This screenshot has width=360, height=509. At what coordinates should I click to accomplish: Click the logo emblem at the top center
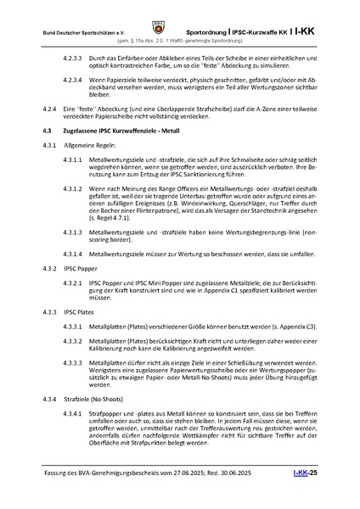[x=180, y=14]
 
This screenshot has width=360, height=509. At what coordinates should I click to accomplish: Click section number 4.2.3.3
[x=75, y=51]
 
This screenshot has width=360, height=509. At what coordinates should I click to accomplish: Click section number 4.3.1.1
[x=75, y=159]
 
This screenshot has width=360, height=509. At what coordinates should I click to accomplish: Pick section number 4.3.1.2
[x=75, y=188]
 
